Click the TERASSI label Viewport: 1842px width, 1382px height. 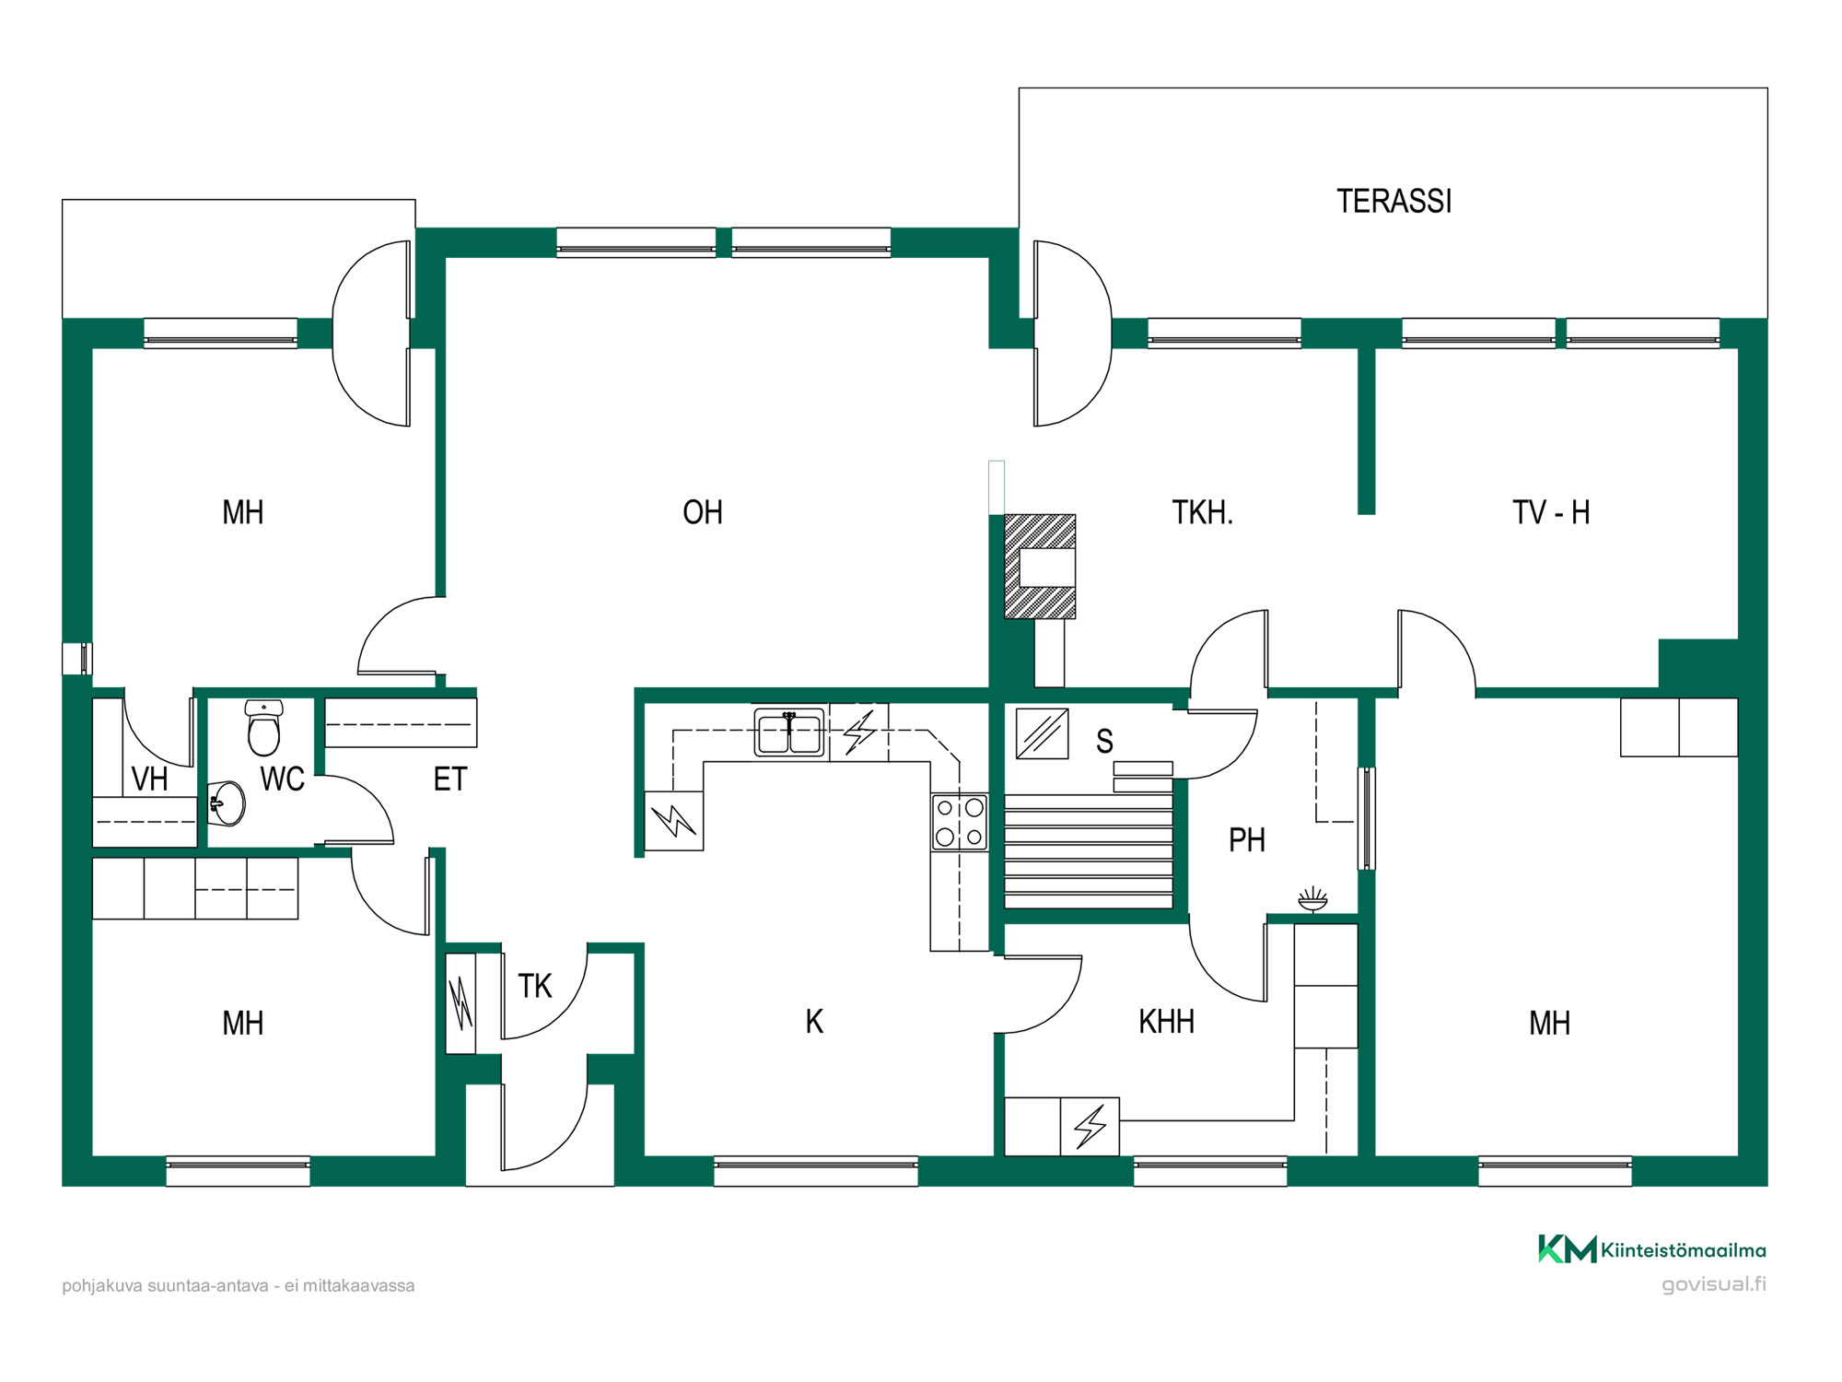click(x=1393, y=201)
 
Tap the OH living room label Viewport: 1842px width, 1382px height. click(x=703, y=512)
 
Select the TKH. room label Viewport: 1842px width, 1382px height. click(x=1202, y=512)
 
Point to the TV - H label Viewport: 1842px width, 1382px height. click(x=1551, y=512)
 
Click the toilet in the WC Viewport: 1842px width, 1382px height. click(x=264, y=727)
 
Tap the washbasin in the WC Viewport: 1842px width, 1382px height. click(x=227, y=803)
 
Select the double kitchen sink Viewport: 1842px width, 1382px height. click(x=789, y=733)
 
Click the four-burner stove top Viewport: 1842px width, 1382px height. click(x=960, y=822)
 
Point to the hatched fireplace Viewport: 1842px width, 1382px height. click(x=1040, y=567)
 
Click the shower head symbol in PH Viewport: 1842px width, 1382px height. click(x=1312, y=899)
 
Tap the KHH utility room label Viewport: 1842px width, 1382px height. click(x=1166, y=1022)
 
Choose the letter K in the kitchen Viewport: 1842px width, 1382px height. click(x=814, y=1022)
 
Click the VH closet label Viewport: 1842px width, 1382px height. click(x=149, y=779)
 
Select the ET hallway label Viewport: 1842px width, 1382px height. click(x=450, y=779)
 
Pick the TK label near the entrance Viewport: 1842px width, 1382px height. click(x=534, y=987)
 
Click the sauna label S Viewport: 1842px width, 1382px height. click(x=1104, y=742)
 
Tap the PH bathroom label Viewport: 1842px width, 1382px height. click(x=1247, y=840)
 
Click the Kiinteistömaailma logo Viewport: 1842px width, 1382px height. click(x=1652, y=1249)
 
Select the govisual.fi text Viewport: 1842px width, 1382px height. click(x=1714, y=1285)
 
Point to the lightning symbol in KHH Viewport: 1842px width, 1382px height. click(x=1090, y=1126)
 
